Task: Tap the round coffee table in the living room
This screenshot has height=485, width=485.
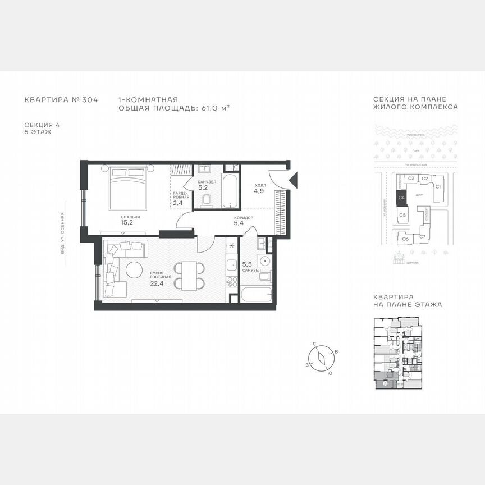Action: [135, 270]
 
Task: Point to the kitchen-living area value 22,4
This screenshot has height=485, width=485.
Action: [157, 283]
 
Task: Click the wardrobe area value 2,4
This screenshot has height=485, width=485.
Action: [178, 203]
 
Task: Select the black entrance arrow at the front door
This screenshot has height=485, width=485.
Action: [292, 180]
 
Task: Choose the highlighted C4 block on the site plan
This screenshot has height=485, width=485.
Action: [401, 197]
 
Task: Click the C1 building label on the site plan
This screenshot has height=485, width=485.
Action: [439, 186]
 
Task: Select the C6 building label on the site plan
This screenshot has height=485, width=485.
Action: [405, 239]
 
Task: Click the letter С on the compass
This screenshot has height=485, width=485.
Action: [315, 344]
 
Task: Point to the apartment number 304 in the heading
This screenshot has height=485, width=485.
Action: [90, 100]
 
